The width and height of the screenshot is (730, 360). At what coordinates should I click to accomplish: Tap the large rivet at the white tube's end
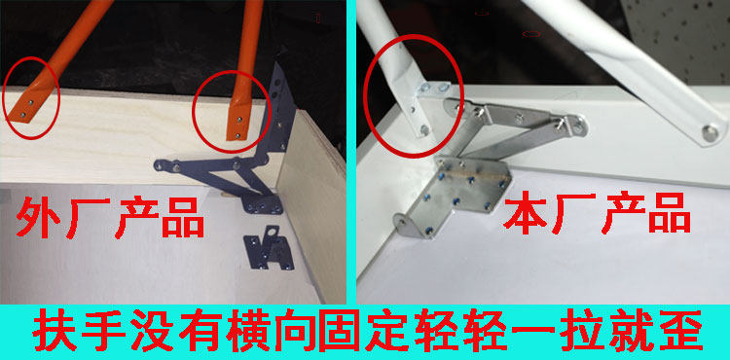coord(710,132)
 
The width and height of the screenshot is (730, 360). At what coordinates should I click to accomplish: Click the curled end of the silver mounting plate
coord(406,226)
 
